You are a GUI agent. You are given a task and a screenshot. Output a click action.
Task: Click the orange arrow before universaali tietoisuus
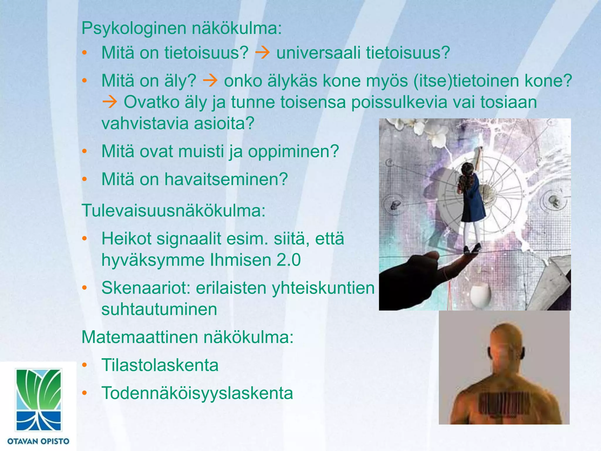pos(262,53)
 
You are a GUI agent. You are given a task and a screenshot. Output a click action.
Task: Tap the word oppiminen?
pos(293,152)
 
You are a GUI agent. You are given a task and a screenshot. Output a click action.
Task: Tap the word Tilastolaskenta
pos(160,365)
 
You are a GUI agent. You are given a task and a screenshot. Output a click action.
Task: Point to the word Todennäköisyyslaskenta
pos(197,393)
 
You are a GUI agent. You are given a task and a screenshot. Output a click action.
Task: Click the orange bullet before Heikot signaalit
pos(85,239)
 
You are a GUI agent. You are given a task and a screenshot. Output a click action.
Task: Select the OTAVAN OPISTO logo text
pos(38,441)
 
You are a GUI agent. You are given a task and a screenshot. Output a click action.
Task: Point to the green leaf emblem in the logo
pos(38,388)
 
